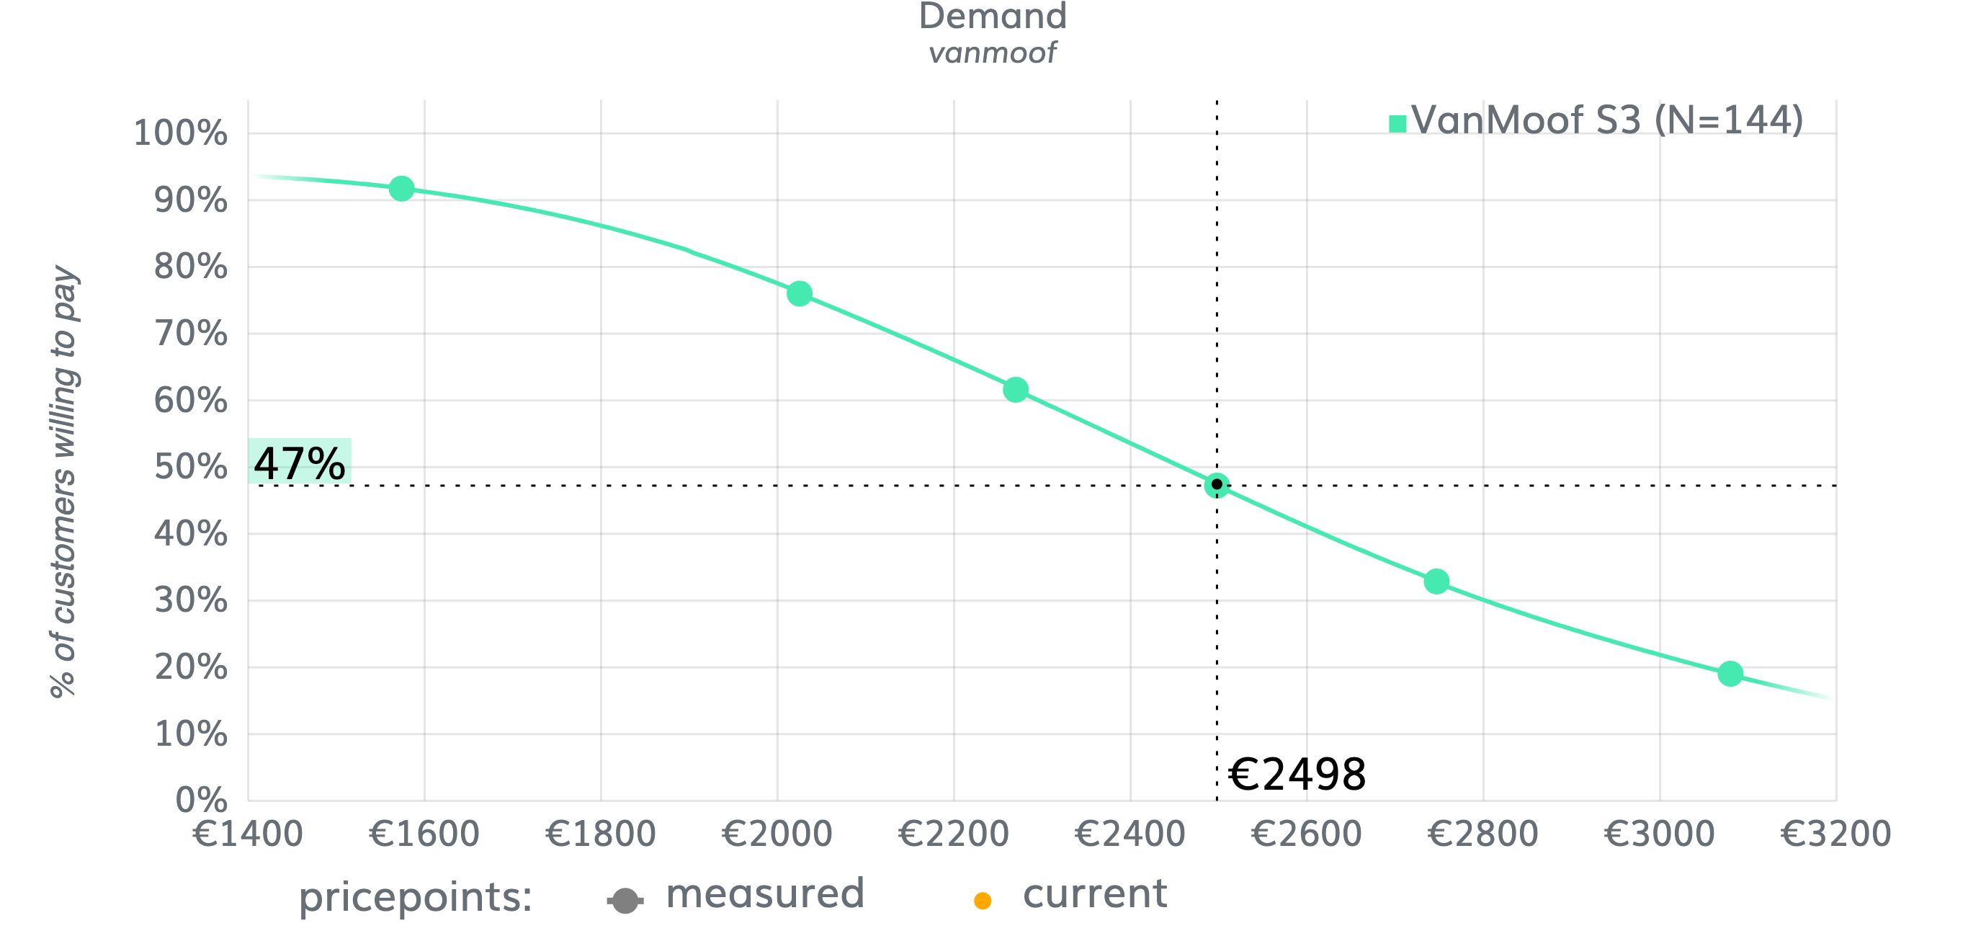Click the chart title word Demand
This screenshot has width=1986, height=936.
[992, 17]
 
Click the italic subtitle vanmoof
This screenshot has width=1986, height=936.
[992, 53]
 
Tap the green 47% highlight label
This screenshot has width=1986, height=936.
[299, 462]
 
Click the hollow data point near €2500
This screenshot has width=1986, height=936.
[1217, 485]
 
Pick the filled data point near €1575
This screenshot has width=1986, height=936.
[402, 188]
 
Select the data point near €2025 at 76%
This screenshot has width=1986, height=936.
[800, 293]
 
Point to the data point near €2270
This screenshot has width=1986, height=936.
[1016, 389]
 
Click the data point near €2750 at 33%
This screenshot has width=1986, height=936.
[1436, 581]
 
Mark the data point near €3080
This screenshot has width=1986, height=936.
[1730, 673]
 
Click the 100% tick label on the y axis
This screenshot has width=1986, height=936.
[180, 133]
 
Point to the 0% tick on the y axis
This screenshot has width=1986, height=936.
[201, 801]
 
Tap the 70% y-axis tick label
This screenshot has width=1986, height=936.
[190, 334]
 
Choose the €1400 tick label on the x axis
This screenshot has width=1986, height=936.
[248, 834]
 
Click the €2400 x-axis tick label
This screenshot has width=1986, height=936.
[1130, 834]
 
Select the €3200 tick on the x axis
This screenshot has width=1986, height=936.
[1835, 834]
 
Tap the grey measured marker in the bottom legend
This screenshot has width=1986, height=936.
[625, 900]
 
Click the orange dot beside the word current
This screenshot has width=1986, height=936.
[983, 901]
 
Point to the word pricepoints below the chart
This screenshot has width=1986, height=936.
[416, 897]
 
